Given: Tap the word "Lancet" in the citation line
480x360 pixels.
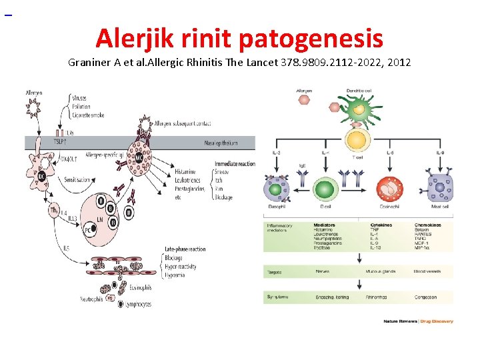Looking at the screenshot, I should [x=260, y=63].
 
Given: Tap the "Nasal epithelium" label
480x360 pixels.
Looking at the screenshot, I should [x=221, y=143].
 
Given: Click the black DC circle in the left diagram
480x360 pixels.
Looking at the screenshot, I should [x=41, y=176].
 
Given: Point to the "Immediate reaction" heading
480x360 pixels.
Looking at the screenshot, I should [x=235, y=164].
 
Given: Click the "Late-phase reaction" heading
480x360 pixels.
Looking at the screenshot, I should [x=185, y=249].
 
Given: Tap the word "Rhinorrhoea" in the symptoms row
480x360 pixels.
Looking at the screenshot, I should [x=378, y=297].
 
